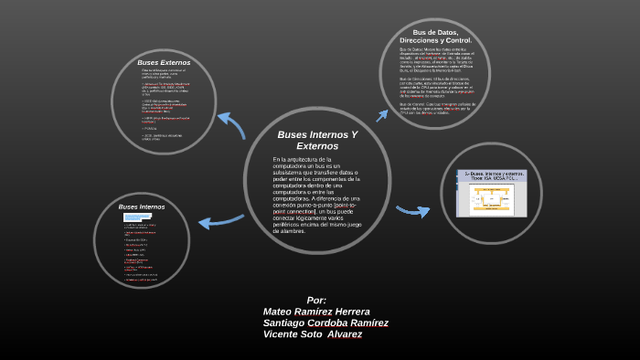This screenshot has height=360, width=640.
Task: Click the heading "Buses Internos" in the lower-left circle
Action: (x=142, y=207)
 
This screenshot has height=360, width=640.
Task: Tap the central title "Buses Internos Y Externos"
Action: (x=317, y=140)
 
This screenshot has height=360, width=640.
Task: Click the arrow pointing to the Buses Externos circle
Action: (x=231, y=123)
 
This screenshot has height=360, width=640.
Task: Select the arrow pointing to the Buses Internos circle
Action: (x=220, y=220)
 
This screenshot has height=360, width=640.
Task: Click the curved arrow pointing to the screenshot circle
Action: (x=412, y=211)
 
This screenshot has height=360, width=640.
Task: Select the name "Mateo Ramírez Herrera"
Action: (x=316, y=312)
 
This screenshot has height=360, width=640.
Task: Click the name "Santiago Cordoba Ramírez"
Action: (x=325, y=323)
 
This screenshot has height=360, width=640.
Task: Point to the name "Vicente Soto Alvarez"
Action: (x=312, y=334)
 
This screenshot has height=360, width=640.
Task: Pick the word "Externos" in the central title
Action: (x=317, y=146)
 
